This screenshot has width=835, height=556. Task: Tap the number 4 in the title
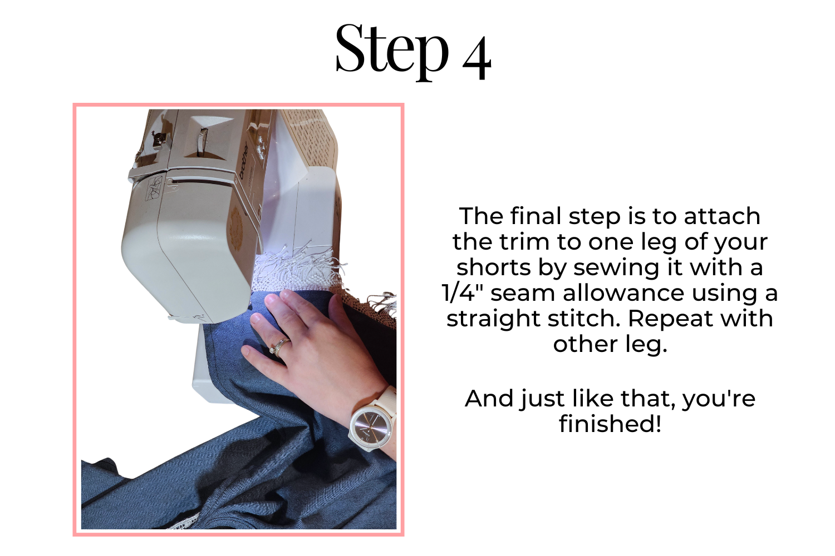point(477,58)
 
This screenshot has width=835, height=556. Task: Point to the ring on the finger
point(280,347)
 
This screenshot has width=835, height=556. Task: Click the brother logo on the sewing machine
point(244,161)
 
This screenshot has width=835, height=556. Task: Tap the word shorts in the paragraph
point(494,267)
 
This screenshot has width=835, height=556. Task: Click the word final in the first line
point(536,216)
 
